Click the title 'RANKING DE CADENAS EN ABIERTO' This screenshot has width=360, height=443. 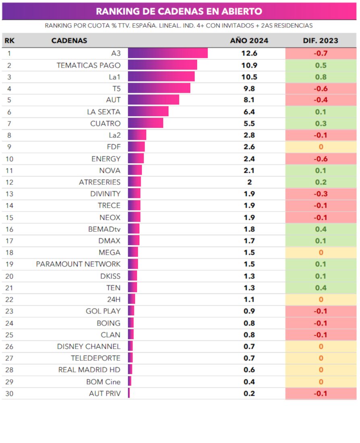[x=179, y=11]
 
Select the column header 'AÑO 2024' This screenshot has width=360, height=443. [x=249, y=41]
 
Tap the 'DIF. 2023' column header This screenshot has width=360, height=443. [x=321, y=41]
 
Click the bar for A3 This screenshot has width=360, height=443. [x=168, y=53]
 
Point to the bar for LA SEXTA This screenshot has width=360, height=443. [x=148, y=112]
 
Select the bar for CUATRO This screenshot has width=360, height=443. [x=145, y=123]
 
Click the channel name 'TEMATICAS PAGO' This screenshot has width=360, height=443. [x=89, y=65]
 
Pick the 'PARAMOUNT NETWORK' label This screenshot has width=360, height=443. [x=78, y=264]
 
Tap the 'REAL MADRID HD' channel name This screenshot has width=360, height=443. [x=89, y=370]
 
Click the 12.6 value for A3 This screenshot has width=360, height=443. [x=249, y=53]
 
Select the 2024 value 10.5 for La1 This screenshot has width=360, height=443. [x=249, y=77]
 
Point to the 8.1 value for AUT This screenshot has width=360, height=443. [x=249, y=100]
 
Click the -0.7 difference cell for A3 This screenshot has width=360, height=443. [x=321, y=53]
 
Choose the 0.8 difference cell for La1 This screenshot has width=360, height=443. [x=321, y=77]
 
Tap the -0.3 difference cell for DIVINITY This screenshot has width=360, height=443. [x=321, y=194]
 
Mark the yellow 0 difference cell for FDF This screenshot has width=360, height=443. [x=321, y=147]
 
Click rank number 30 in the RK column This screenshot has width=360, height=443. [x=9, y=393]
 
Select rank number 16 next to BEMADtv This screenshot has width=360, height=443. [x=9, y=229]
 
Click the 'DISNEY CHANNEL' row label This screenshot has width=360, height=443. [x=89, y=346]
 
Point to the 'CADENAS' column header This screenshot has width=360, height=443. [x=69, y=41]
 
